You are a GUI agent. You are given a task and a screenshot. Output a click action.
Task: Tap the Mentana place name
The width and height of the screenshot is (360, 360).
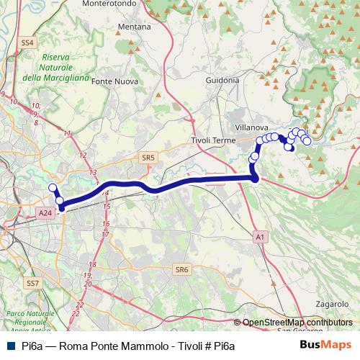134,27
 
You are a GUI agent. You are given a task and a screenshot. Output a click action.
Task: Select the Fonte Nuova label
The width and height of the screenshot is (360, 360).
115,81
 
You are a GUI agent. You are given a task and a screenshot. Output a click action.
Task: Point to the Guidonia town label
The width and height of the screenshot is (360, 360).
222,81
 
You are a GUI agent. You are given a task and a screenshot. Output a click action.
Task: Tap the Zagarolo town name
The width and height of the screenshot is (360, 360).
329,305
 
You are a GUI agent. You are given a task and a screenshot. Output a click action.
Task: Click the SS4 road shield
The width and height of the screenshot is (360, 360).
27,43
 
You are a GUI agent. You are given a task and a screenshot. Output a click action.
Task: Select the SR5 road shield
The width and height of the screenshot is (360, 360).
148,157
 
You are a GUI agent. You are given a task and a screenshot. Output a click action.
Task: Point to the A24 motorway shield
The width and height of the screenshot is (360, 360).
45,213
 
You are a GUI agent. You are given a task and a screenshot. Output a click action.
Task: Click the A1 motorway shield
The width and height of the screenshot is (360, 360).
260,236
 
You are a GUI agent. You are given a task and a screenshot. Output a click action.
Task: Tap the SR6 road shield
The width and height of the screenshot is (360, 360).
181,269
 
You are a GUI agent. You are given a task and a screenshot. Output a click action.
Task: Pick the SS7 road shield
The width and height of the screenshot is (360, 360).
32,284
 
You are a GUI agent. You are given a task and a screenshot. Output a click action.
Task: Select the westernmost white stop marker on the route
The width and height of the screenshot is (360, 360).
52,189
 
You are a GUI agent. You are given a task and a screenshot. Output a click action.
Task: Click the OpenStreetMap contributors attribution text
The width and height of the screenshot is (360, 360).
297,323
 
